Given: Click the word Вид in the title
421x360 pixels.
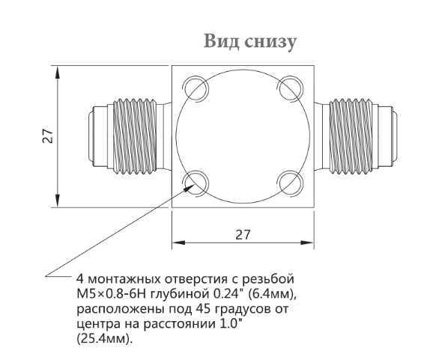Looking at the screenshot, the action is [x=221, y=41].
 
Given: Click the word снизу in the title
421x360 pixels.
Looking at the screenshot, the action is [x=271, y=43].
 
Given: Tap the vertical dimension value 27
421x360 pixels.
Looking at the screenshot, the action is [x=48, y=136].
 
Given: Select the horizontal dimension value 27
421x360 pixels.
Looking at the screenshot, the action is [x=243, y=234].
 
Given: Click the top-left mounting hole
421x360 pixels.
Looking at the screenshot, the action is [x=196, y=88].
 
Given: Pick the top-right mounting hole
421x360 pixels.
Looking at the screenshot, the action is [x=291, y=88].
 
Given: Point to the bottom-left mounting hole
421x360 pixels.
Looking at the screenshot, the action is [x=196, y=183].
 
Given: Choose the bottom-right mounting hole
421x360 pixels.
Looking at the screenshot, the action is [x=291, y=183].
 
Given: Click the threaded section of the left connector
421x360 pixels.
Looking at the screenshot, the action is [x=135, y=135].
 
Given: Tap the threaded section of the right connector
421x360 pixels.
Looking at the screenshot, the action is [x=351, y=135].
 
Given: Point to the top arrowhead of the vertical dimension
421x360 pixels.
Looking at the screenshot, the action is [x=57, y=73].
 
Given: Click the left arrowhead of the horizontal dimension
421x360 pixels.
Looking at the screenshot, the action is [x=179, y=242].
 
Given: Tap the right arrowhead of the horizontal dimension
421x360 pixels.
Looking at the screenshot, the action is [x=307, y=242].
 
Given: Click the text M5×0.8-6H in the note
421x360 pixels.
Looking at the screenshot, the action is [x=111, y=294].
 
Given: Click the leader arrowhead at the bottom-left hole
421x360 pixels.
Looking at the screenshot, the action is [x=189, y=186].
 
